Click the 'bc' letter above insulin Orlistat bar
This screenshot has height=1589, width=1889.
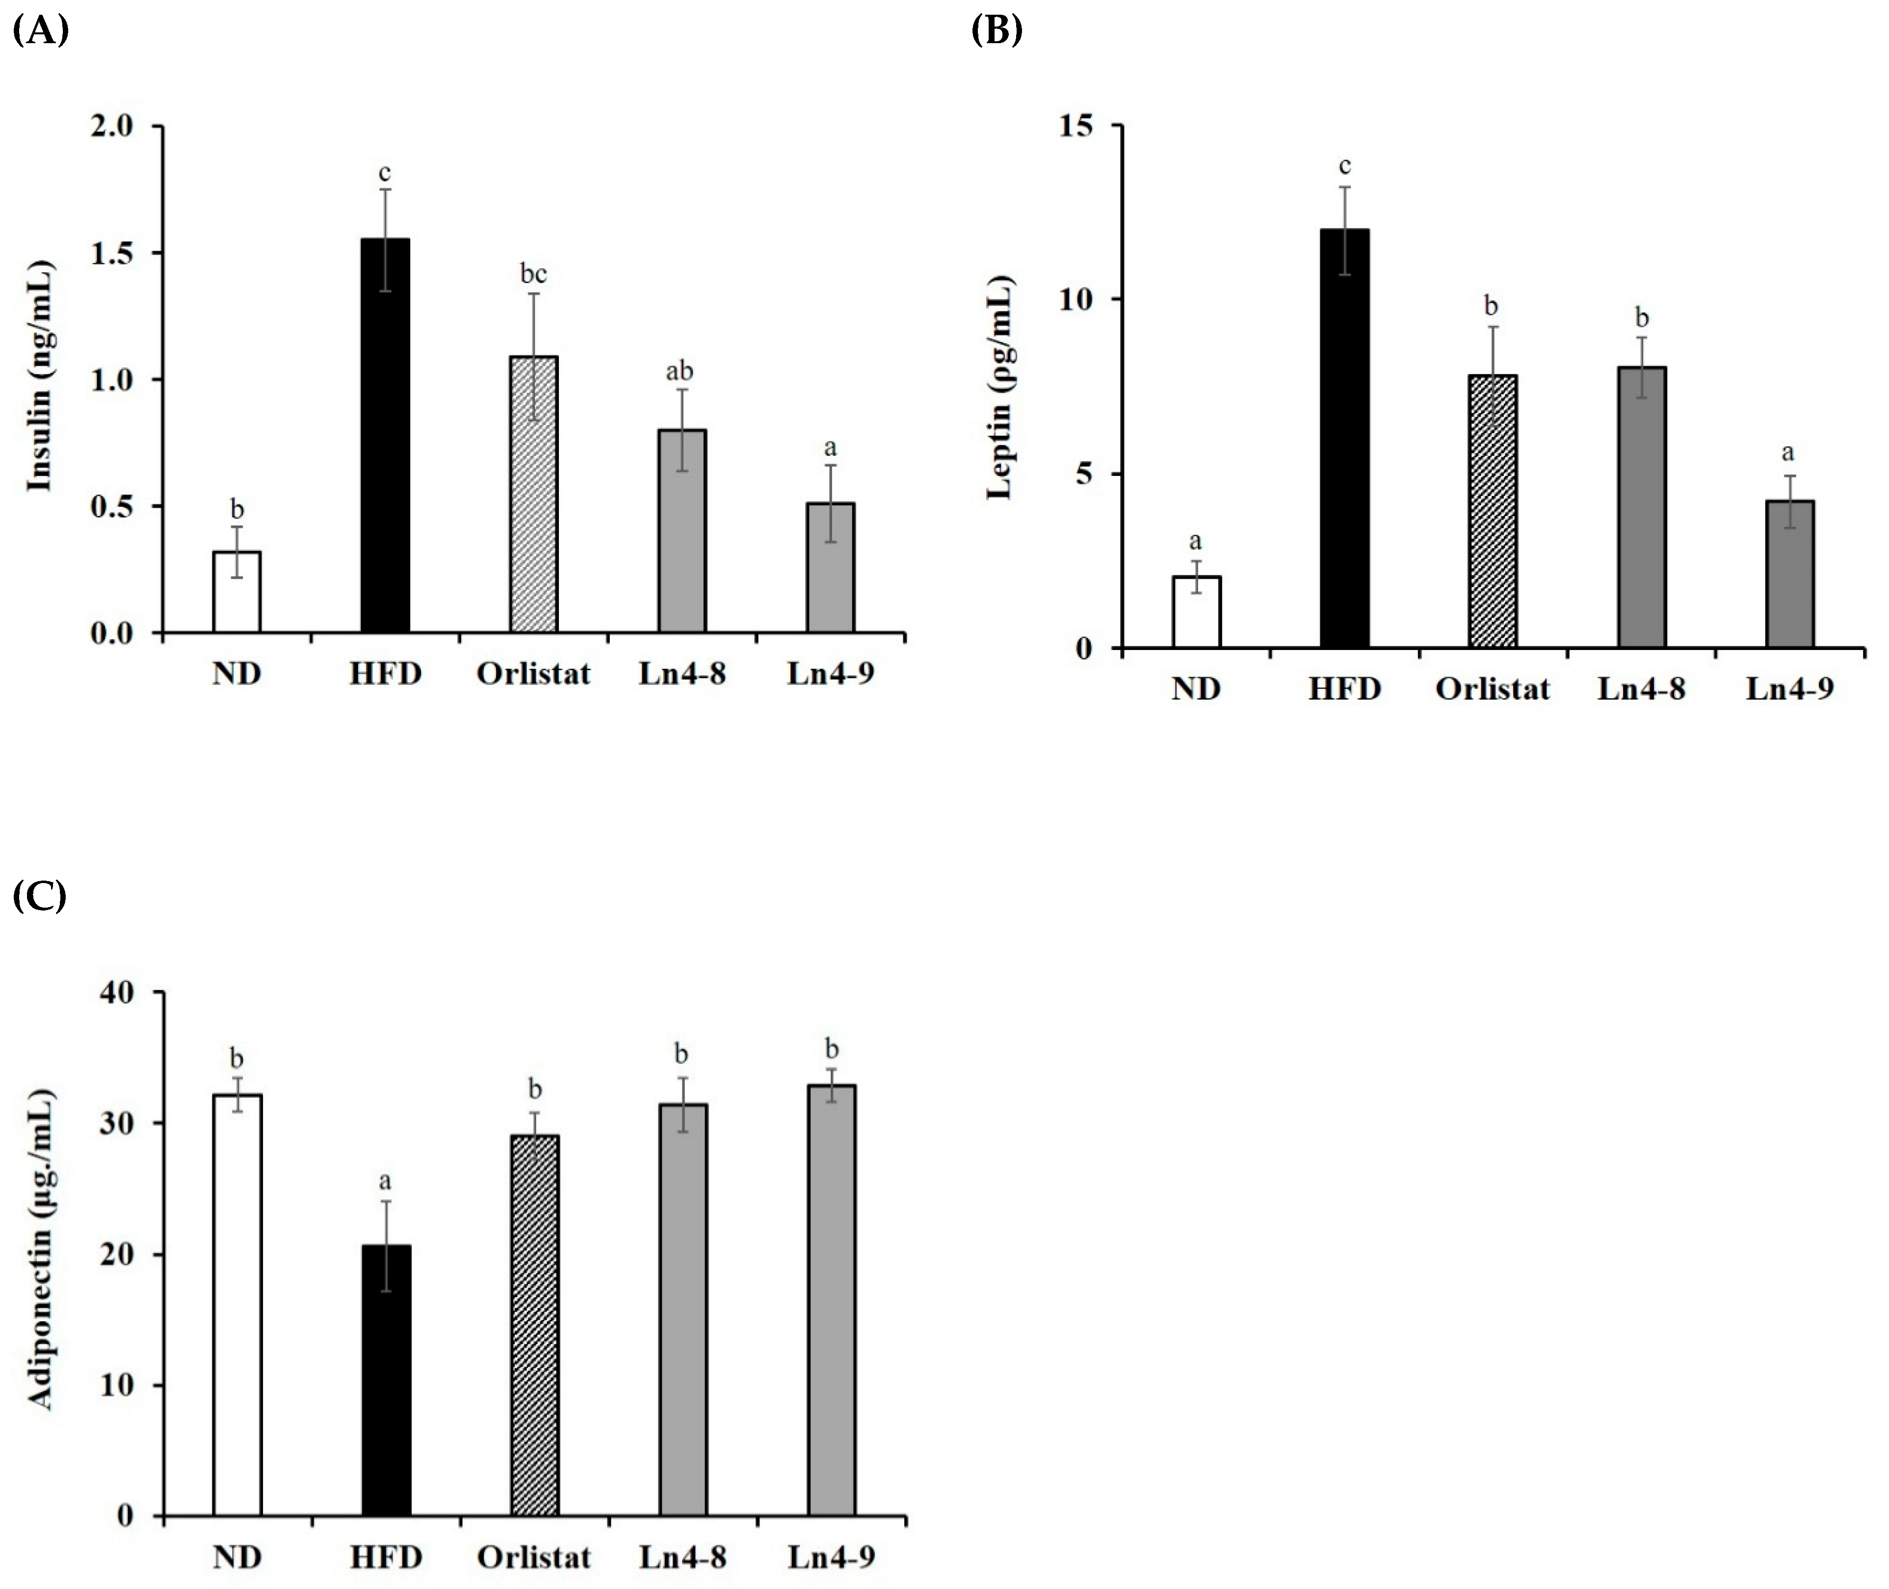point(533,273)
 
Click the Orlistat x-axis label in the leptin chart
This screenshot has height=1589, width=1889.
point(1492,689)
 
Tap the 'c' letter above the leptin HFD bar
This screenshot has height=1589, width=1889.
point(1344,166)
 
